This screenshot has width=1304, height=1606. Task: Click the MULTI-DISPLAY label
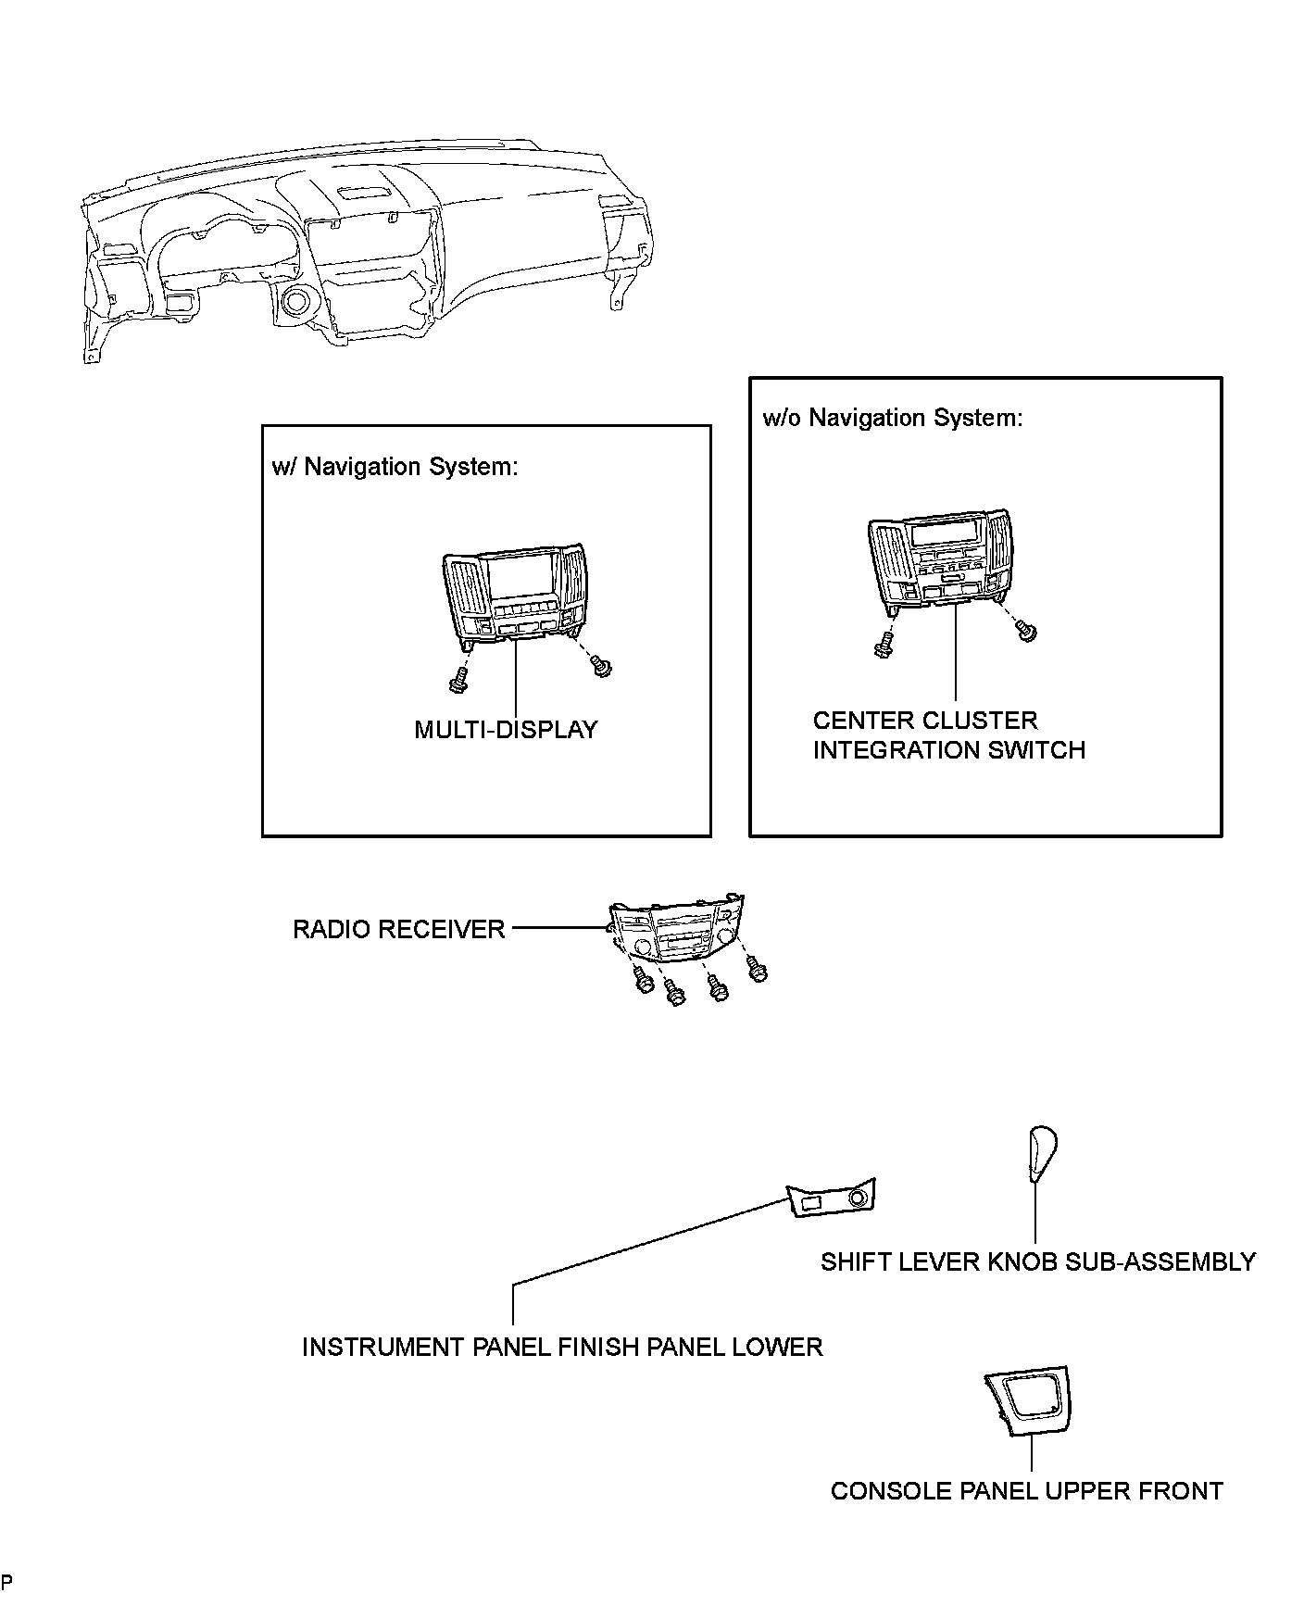point(506,730)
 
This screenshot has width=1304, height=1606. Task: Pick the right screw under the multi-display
point(603,665)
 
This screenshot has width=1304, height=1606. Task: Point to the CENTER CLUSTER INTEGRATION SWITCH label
point(948,735)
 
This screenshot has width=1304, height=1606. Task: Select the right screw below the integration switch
point(1026,632)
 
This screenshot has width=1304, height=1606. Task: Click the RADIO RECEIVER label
point(399,929)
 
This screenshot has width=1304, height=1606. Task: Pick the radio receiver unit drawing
point(675,931)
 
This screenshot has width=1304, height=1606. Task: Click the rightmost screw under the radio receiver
point(759,971)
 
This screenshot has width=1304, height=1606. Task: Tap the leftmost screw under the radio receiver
point(642,981)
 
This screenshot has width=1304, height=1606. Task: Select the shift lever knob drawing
point(1040,1154)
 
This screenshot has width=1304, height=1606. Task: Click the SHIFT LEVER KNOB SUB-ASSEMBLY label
point(1037,1261)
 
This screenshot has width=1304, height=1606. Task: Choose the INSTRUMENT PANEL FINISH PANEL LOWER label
point(562,1347)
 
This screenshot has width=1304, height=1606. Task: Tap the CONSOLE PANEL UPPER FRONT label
point(1026,1491)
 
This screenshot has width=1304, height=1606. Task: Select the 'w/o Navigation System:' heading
point(893,418)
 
